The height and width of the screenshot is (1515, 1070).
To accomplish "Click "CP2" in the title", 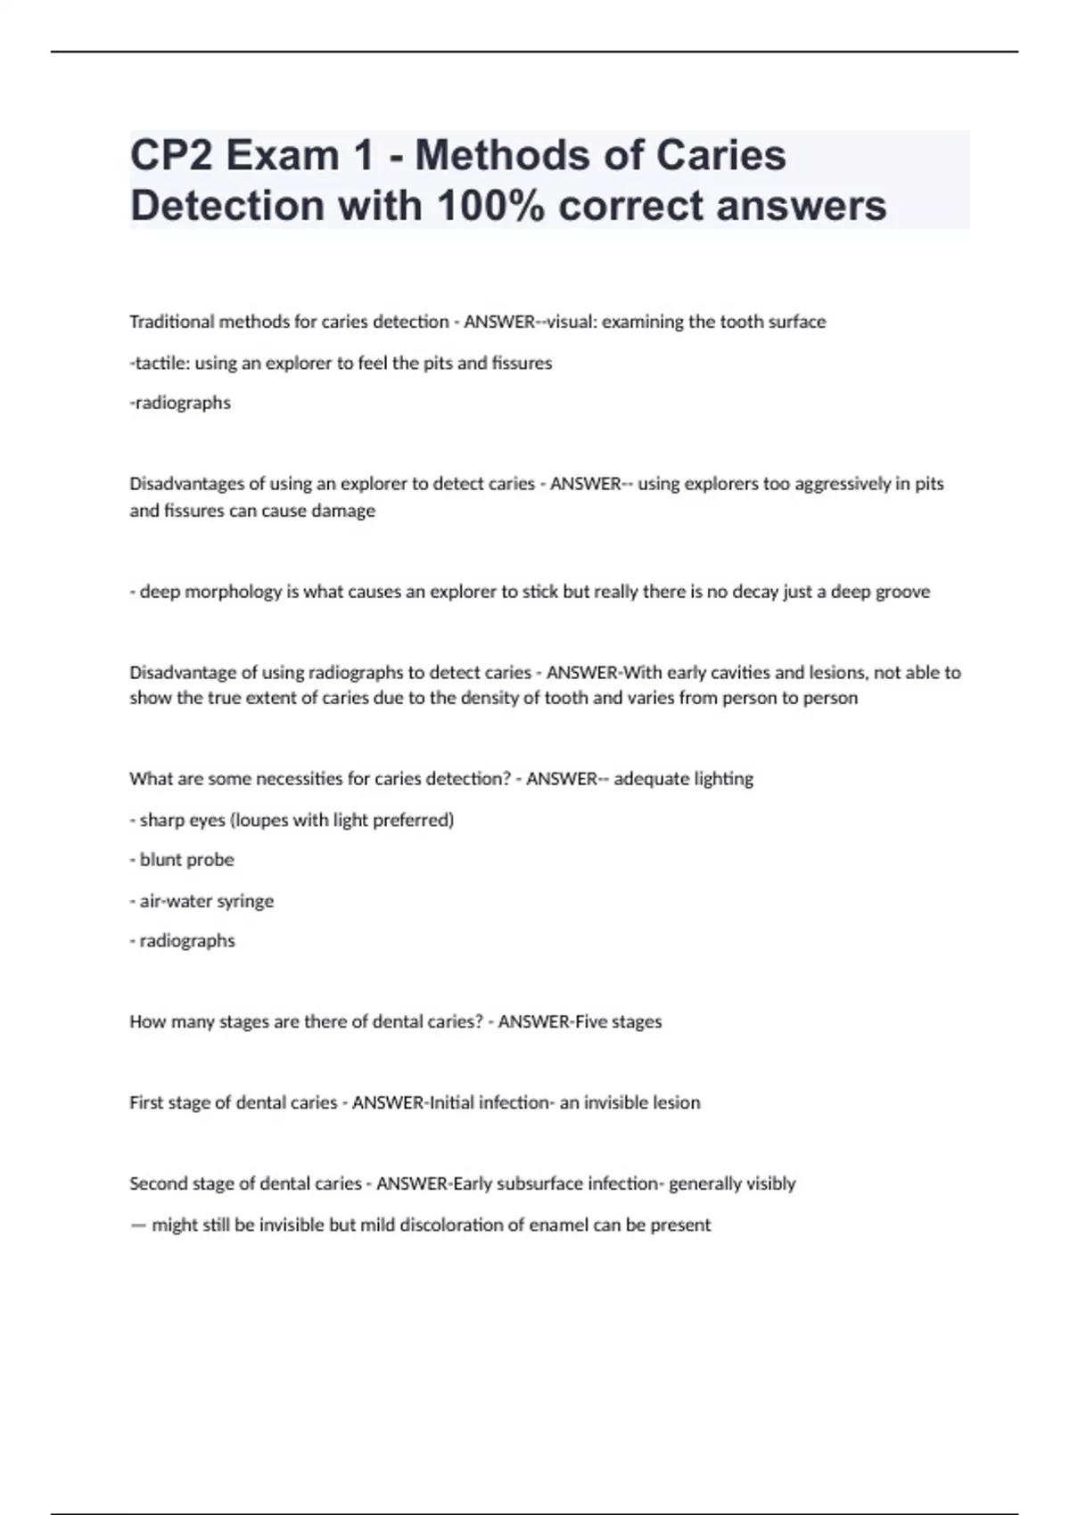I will [170, 156].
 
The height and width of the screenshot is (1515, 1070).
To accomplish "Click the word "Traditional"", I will [172, 322].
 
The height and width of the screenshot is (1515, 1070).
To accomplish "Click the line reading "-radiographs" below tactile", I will [180, 403].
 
